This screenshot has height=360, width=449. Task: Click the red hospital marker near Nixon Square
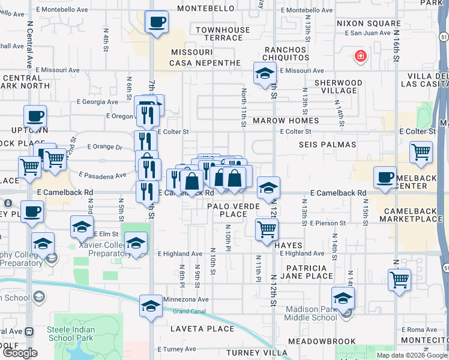(x=360, y=56)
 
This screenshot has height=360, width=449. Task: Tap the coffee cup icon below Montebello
(x=157, y=22)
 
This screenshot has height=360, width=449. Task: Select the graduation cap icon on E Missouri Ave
(x=264, y=74)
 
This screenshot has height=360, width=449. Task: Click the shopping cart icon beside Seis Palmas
(x=421, y=152)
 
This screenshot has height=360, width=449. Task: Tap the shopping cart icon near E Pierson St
(x=266, y=229)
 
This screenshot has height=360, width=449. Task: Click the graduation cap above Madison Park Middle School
(x=343, y=298)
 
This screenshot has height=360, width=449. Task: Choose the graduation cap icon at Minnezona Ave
(x=151, y=306)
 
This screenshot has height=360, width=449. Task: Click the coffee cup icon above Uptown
(x=35, y=116)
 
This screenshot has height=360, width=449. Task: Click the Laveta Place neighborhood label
(x=202, y=329)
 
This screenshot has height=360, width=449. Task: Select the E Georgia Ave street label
(x=101, y=102)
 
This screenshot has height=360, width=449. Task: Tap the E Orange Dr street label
(x=104, y=146)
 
